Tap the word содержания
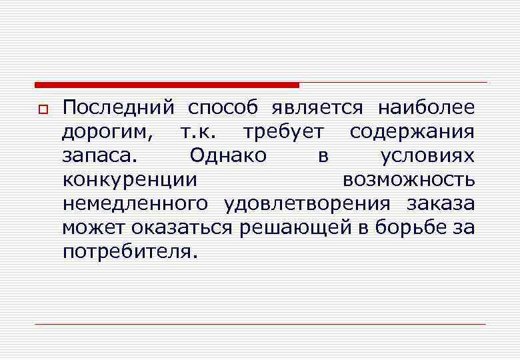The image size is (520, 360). pos(412,132)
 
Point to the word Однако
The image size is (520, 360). pos(228,155)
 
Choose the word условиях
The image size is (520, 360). pos(427,156)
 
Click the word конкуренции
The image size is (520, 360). pos(129,180)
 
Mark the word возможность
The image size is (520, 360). pos(409,180)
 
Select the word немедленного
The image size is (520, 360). pos(135,204)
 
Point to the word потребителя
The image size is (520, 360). pos(130,252)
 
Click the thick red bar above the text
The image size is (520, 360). pos(167,85)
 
